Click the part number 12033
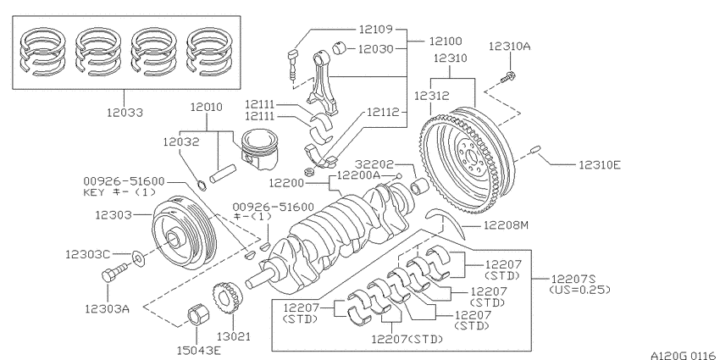[x=125, y=113]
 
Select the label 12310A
[x=509, y=46]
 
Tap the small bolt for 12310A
[x=507, y=77]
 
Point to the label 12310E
[x=600, y=165]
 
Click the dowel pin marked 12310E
[x=536, y=150]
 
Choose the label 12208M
[x=505, y=225]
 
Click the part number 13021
[x=233, y=336]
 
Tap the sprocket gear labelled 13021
[x=226, y=299]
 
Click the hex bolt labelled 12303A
[x=114, y=273]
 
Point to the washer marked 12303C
[x=138, y=258]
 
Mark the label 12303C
[x=86, y=254]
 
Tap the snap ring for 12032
[x=202, y=186]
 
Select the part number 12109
[x=375, y=30]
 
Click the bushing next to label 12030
[x=339, y=47]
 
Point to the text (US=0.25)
[x=579, y=290]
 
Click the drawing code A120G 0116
[x=683, y=355]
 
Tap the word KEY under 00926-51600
[x=94, y=192]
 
